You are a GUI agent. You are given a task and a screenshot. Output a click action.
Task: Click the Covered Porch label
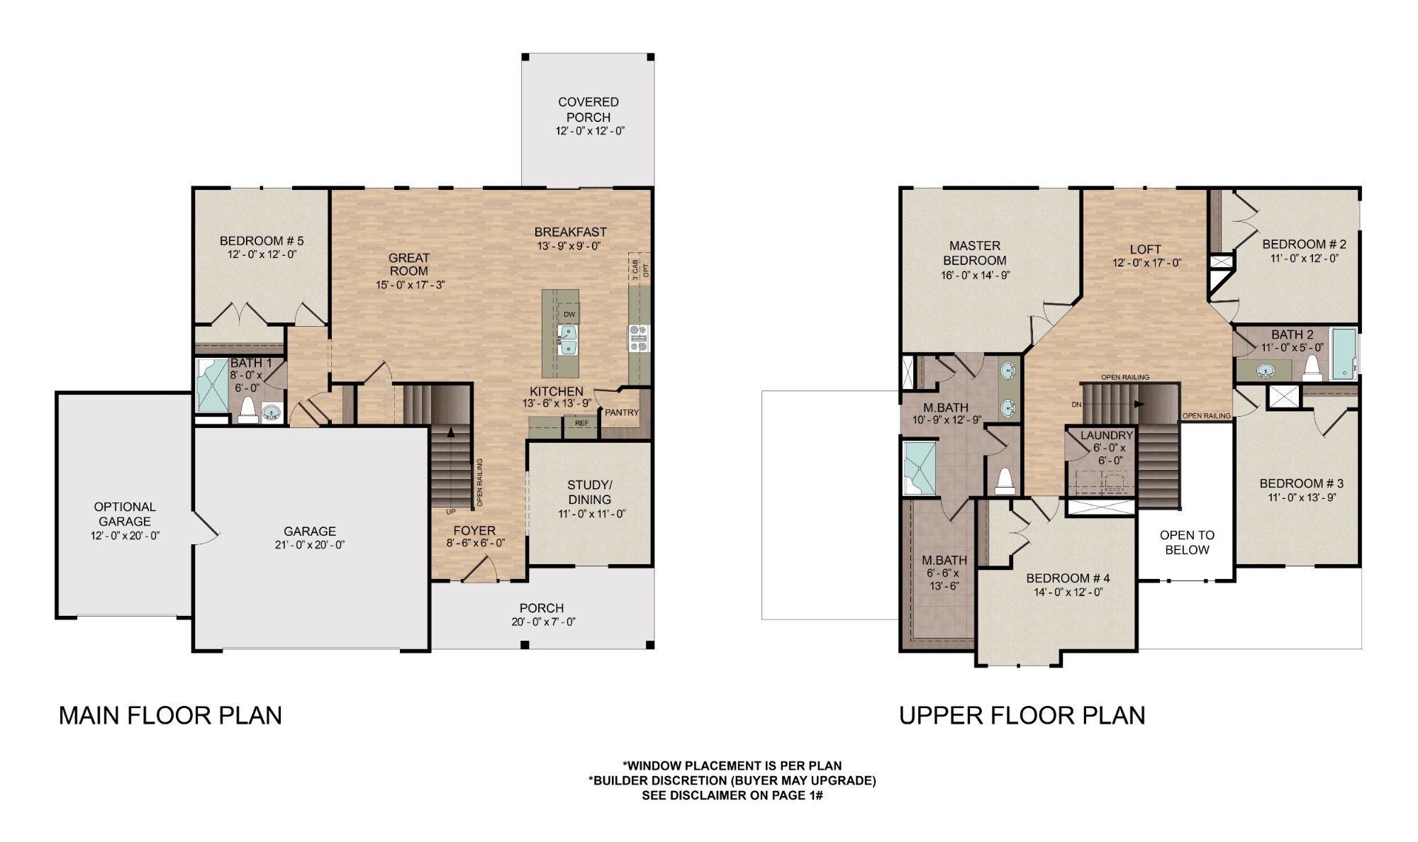pos(588,109)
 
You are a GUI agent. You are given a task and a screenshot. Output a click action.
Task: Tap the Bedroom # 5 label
pos(262,241)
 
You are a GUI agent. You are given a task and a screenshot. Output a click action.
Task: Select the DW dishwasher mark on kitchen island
pos(569,314)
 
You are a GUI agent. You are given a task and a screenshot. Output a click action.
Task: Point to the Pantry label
pos(622,412)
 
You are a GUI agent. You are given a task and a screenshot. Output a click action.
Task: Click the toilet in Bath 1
pos(248,410)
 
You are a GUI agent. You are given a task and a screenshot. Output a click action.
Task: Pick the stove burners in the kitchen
pos(639,338)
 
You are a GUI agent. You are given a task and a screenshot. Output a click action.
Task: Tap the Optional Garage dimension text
pos(125,536)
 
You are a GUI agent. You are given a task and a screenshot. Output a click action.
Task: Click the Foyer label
pos(474,530)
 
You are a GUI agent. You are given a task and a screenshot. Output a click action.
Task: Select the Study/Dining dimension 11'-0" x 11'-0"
pos(591,514)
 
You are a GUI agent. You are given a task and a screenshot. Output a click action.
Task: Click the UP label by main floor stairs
pos(450,511)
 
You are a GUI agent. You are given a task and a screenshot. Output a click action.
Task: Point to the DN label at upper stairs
pos(1077,405)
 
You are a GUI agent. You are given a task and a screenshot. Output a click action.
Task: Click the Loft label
pos(1145,249)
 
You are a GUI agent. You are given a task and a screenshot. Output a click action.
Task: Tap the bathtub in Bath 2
pos(1343,354)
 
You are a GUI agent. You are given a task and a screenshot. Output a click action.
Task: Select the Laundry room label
pos(1106,435)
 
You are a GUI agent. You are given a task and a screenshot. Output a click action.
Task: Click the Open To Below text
pos(1187,542)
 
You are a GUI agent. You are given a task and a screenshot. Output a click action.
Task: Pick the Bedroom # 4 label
pos(1068,578)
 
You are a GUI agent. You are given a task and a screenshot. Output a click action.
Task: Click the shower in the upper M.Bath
pos(919,468)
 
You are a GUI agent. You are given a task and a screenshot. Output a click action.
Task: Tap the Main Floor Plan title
pos(170,716)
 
